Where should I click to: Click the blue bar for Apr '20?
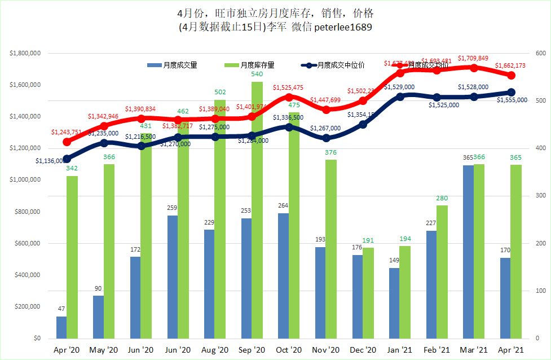pyautogui.click(x=61, y=327)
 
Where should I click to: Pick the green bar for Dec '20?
pyautogui.click(x=368, y=293)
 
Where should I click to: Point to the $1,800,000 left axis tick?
pyautogui.click(x=25, y=54)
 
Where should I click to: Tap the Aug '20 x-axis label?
pyautogui.click(x=214, y=350)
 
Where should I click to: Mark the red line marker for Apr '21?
pyautogui.click(x=511, y=75)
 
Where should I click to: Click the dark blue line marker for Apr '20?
pyautogui.click(x=67, y=159)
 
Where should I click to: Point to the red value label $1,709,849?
pyautogui.click(x=473, y=58)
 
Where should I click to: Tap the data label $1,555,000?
pyautogui.click(x=512, y=100)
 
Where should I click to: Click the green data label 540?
pyautogui.click(x=257, y=74)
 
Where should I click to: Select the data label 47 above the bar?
pyautogui.click(x=61, y=309)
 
